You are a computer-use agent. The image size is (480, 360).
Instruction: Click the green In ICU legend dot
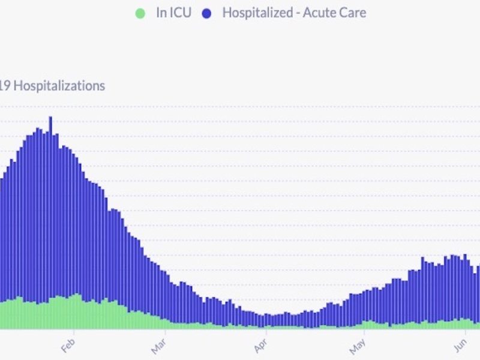[140, 13]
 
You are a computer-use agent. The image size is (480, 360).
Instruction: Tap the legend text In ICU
[173, 13]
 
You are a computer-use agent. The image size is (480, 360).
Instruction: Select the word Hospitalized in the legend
[255, 13]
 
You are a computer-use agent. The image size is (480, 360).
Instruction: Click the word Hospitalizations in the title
[59, 86]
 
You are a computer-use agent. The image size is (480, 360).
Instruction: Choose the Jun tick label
[460, 346]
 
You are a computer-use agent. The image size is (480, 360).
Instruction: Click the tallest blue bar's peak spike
[50, 118]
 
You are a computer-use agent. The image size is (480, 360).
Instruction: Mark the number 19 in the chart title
[5, 86]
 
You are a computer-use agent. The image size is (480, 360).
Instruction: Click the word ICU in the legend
[180, 13]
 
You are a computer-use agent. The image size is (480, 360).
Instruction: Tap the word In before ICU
[161, 13]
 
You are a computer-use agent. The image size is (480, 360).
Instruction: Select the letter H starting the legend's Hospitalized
[226, 13]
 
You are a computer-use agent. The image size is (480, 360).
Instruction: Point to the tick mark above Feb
[74, 332]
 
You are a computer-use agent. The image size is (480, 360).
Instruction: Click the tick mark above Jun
[467, 332]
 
